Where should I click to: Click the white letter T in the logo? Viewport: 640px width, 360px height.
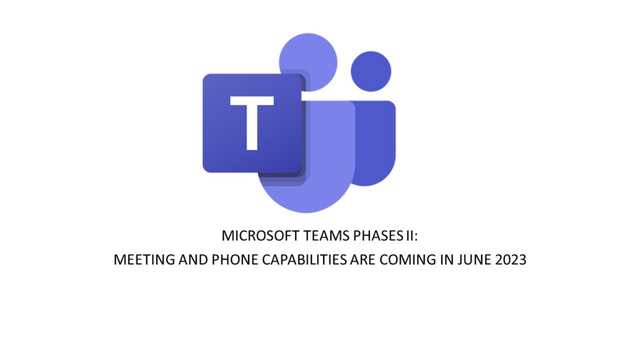[x=252, y=123]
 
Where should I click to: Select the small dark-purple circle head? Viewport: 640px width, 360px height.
[x=371, y=71]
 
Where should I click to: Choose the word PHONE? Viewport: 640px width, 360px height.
[x=235, y=259]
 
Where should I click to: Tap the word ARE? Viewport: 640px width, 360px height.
[x=362, y=259]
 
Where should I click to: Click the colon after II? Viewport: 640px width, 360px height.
[x=416, y=237]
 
